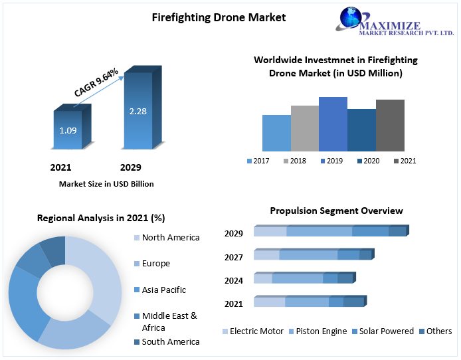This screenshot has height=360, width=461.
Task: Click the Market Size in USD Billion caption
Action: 106,184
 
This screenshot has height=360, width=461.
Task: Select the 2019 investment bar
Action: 333,124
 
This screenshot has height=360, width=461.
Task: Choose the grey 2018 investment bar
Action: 304,128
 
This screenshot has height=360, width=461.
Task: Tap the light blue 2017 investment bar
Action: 276,133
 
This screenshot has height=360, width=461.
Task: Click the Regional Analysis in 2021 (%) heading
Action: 101,218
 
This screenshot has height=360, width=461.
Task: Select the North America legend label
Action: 170,238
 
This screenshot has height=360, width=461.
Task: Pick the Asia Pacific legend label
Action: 163,290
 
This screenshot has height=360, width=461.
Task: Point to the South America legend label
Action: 170,342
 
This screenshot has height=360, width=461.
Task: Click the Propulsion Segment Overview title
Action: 336,211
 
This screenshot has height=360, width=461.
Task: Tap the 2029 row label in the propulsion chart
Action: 234,233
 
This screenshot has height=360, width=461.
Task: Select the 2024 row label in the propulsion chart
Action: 234,281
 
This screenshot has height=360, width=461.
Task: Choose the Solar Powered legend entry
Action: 386,331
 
